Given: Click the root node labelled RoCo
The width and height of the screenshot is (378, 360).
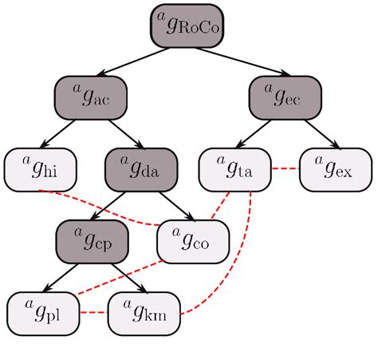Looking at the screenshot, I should coord(186,26).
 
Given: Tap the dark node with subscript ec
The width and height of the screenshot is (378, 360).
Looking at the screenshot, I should coord(284,98).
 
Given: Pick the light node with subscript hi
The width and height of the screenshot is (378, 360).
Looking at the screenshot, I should coord(40,168).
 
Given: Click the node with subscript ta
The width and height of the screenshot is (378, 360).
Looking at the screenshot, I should coord(234,168).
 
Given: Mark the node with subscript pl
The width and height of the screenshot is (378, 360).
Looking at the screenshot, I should coord(43,312).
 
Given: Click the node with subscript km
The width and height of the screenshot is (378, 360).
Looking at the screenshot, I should coord(144,312).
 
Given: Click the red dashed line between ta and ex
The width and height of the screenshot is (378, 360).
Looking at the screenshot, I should coord(285,168).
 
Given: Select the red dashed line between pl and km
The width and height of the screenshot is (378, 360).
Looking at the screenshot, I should coord(93,312).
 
